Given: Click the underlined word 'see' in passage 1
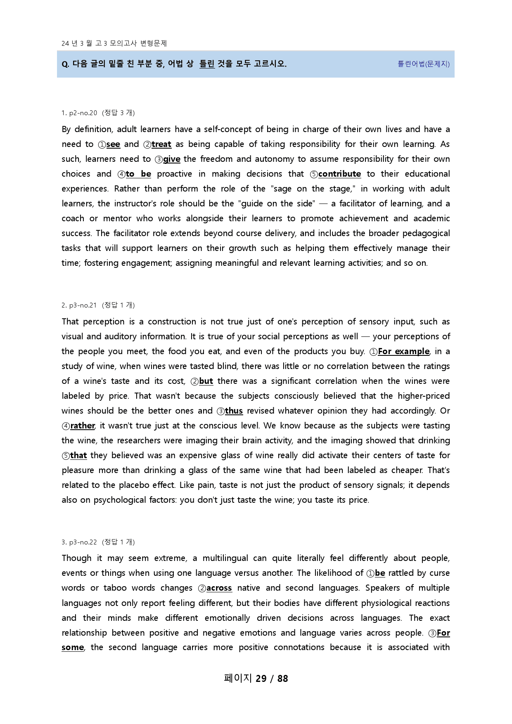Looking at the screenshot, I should pos(113,144).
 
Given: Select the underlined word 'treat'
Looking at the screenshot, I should pos(161,144).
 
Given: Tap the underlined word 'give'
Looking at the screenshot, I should pos(172,159).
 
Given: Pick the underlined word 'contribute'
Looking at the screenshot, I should pos(339,174).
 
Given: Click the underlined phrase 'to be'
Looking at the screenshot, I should pos(138,174).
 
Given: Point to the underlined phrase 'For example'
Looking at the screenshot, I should pos(403,351).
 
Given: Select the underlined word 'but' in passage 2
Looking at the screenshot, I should pos(206,381).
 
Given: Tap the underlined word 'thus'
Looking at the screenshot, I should pos(234,411).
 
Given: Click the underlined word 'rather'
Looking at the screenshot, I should pos(83,426).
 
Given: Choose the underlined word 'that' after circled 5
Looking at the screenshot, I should pos(78,455).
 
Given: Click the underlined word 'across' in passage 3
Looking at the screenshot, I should pos(219,588).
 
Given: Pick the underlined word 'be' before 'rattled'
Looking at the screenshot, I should pos(380,573).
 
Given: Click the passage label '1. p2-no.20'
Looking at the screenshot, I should pos(79,113).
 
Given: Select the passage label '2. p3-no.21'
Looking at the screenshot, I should pos(79,305).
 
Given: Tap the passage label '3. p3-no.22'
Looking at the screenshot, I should pos(79,542).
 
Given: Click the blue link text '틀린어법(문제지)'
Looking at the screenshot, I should pos(424,64).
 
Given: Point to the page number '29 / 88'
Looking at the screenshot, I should pos(272,679).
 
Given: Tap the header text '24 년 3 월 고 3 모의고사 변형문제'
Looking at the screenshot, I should pos(114,43).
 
